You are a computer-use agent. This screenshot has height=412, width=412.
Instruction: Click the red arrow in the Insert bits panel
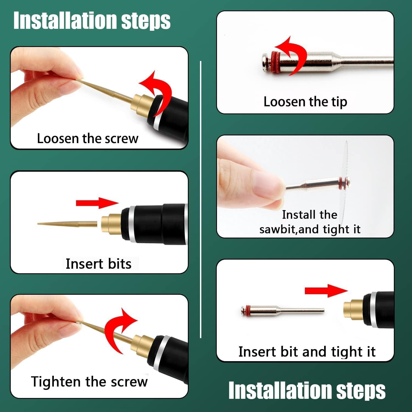97,203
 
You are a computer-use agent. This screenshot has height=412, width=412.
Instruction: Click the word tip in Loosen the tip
339,102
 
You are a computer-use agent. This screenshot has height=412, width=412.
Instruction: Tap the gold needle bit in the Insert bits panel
67,224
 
